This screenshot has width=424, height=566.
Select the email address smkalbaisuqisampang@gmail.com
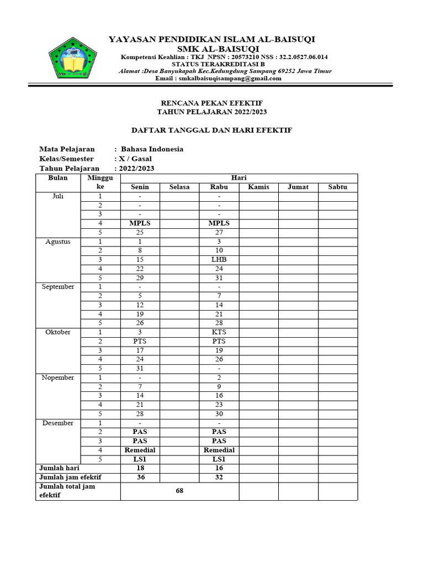tap(226, 78)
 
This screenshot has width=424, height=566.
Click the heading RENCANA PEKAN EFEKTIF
tap(211, 103)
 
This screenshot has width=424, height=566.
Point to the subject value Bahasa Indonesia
tap(152, 149)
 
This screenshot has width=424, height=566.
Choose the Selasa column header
tap(179, 187)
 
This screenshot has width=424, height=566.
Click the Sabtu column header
tap(337, 187)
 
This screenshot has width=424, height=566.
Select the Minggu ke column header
tap(100, 182)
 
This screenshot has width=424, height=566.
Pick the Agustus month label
tap(58, 242)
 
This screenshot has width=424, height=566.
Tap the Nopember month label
tap(58, 378)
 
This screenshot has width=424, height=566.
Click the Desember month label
tap(58, 423)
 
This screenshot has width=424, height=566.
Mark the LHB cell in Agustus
tap(219, 260)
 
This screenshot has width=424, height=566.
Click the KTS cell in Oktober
tap(219, 332)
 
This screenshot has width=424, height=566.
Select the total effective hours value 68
tap(179, 491)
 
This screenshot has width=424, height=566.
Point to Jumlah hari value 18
tap(140, 468)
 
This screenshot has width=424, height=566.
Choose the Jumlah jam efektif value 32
tap(219, 477)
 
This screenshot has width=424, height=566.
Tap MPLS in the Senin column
tap(140, 223)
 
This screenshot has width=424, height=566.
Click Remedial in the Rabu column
tap(219, 450)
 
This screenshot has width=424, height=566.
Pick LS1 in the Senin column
tap(140, 459)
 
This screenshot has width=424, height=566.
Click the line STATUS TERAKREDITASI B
tap(226, 64)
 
